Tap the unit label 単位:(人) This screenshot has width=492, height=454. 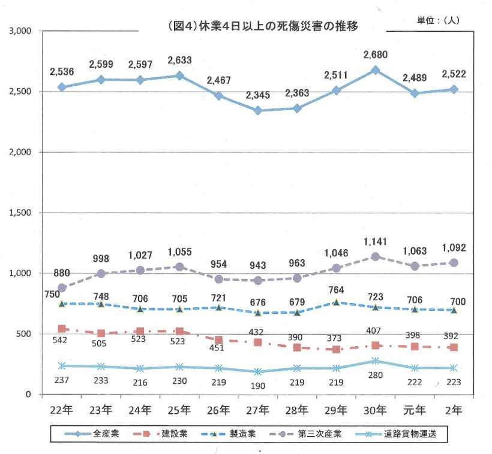tap(438, 20)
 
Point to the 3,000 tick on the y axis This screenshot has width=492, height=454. tap(22, 31)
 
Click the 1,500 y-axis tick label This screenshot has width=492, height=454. tap(22, 213)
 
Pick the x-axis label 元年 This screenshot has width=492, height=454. tap(415, 410)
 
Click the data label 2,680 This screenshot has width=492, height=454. tap(376, 56)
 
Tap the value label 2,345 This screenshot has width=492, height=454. tap(258, 95)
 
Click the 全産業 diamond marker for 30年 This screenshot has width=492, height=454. tap(376, 70)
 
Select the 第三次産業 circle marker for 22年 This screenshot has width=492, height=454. tap(62, 287)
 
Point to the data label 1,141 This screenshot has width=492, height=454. tap(376, 242)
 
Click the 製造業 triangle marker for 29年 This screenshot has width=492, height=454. tap(337, 302)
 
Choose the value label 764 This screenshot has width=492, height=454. tap(337, 290)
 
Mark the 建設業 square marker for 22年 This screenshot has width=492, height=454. tap(62, 328)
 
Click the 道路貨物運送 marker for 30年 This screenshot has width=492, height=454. tap(376, 361)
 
